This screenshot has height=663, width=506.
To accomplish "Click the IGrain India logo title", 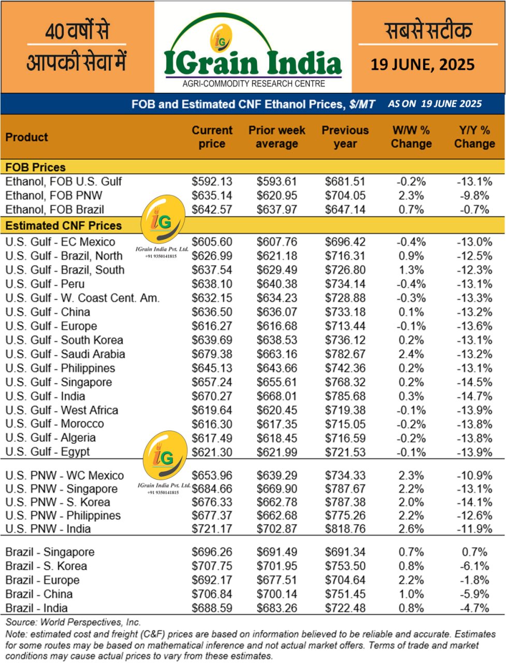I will tap(253, 63).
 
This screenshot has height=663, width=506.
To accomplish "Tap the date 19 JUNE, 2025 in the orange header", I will tap(423, 65).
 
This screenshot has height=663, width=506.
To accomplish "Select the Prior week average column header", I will tap(277, 137).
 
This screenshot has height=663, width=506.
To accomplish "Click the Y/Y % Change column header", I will tap(474, 137).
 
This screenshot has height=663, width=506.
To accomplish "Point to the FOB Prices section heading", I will tap(36, 167).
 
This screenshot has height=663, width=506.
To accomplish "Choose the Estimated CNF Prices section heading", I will tap(64, 226).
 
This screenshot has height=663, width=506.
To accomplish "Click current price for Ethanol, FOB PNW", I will tap(212, 196).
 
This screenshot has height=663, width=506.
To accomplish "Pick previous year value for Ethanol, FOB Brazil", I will tap(345, 210).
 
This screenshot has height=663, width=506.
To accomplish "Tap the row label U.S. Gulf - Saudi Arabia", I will tap(65, 354).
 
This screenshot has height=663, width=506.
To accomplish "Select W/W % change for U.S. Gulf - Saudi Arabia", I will tap(411, 354).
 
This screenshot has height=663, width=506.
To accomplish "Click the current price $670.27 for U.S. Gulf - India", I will tap(212, 396).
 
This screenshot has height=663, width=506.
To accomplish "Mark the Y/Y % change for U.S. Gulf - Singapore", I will tap(474, 382).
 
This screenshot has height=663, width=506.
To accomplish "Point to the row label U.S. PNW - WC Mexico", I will tap(65, 475).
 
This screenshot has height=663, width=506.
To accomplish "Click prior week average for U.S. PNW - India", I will tap(277, 529).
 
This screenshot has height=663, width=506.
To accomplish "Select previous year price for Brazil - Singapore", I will tap(345, 552).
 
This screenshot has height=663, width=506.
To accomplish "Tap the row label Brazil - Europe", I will tap(42, 580).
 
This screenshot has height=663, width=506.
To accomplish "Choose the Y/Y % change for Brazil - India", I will tap(474, 608).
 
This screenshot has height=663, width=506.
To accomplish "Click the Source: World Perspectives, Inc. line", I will tap(73, 622).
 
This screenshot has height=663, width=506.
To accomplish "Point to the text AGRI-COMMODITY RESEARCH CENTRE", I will tap(254, 84).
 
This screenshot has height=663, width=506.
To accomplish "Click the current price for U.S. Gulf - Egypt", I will tap(212, 452).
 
